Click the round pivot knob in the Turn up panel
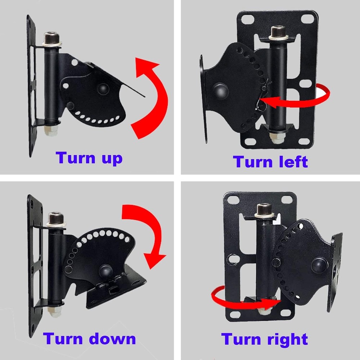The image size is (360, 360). [x=103, y=88]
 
